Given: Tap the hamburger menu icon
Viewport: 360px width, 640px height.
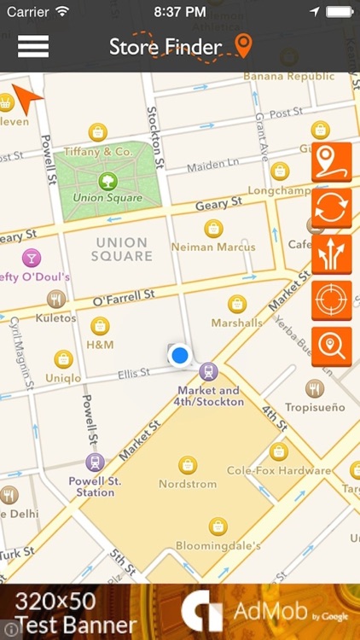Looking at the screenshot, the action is click(33, 46).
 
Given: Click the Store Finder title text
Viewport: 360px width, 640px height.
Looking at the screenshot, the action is click(165, 48).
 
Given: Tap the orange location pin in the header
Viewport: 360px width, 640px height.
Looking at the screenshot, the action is click(244, 47).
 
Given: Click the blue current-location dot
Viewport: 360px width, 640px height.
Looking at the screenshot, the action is click(179, 355).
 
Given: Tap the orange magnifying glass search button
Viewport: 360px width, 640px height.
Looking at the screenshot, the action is click(332, 346).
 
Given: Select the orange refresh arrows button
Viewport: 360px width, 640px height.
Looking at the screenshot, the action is click(332, 208).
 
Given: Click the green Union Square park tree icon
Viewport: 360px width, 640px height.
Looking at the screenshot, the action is click(107, 181).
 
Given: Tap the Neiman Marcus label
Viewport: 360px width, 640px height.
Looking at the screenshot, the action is click(213, 247).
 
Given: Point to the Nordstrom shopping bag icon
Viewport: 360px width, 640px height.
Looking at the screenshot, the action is click(188, 465).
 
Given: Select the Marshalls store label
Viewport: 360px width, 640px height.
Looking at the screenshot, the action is click(237, 323).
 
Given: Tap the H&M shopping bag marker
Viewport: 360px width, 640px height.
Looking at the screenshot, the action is click(100, 326).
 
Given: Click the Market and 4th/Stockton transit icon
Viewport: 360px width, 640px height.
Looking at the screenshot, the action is click(208, 372).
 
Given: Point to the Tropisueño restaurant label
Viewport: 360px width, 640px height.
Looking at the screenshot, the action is click(315, 408).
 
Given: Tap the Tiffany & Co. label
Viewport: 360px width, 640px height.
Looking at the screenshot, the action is click(97, 152).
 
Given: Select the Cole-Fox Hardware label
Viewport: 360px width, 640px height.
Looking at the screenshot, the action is click(278, 470).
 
